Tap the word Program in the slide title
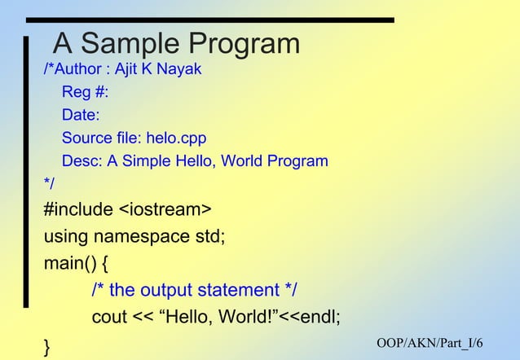click(x=244, y=43)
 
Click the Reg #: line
click(x=85, y=92)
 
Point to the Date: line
click(x=81, y=115)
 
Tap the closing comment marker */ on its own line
click(x=50, y=183)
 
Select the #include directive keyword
click(x=78, y=209)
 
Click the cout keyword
click(x=109, y=317)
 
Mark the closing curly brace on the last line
click(x=47, y=346)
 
